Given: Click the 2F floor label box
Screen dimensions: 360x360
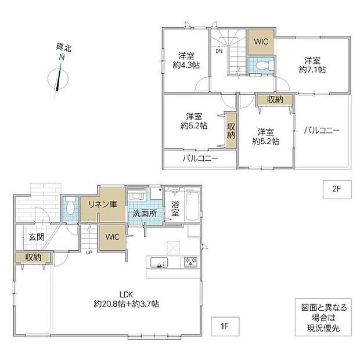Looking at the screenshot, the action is [337, 189].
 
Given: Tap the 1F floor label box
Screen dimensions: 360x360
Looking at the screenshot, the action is [225, 326].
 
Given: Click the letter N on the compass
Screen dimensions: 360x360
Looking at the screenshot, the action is [62, 57].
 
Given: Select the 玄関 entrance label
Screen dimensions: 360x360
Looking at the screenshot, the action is [37, 237].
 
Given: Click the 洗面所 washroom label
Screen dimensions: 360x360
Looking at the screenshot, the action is [145, 213].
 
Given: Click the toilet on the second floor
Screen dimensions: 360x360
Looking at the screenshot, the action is [264, 65].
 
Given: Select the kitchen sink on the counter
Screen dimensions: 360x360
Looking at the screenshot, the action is [159, 262].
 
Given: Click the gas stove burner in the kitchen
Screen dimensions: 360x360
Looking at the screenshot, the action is [191, 262].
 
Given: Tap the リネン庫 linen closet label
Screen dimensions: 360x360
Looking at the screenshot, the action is [103, 204].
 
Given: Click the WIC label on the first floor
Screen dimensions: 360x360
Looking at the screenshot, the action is [112, 237].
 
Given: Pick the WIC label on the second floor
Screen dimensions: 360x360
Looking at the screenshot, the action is [261, 42].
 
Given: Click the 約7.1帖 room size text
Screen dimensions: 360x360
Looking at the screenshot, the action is [312, 69].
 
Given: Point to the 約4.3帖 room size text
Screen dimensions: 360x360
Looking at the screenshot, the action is [186, 65].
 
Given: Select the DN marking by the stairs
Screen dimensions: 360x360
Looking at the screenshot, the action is [219, 51].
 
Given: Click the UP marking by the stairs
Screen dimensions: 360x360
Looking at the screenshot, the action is [89, 253].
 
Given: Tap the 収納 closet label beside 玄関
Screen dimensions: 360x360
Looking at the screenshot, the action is [33, 257].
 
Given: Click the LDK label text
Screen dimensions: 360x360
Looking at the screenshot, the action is [126, 294].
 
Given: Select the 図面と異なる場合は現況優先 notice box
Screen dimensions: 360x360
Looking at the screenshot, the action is [323, 317].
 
